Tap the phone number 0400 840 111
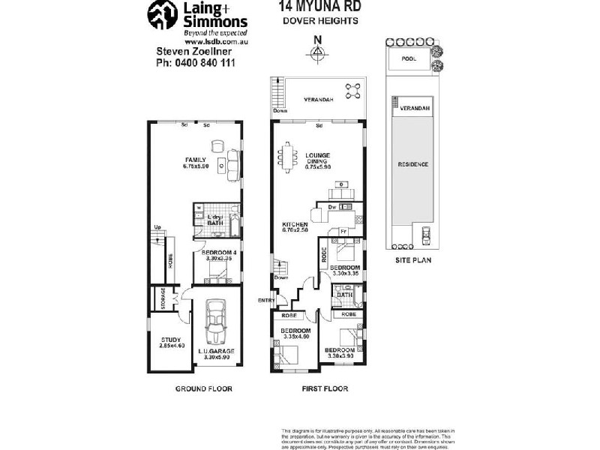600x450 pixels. tap(195, 64)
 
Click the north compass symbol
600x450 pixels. tap(318, 51)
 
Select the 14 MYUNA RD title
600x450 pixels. tap(319, 6)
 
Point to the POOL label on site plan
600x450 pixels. tap(409, 58)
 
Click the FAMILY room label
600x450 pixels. tap(196, 160)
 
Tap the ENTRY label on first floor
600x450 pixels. tap(266, 301)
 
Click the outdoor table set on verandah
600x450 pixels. tap(352, 91)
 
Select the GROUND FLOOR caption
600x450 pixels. tap(203, 388)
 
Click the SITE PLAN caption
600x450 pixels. tap(413, 260)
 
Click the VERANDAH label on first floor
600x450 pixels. tap(318, 100)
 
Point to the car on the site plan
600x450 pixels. tap(425, 236)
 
